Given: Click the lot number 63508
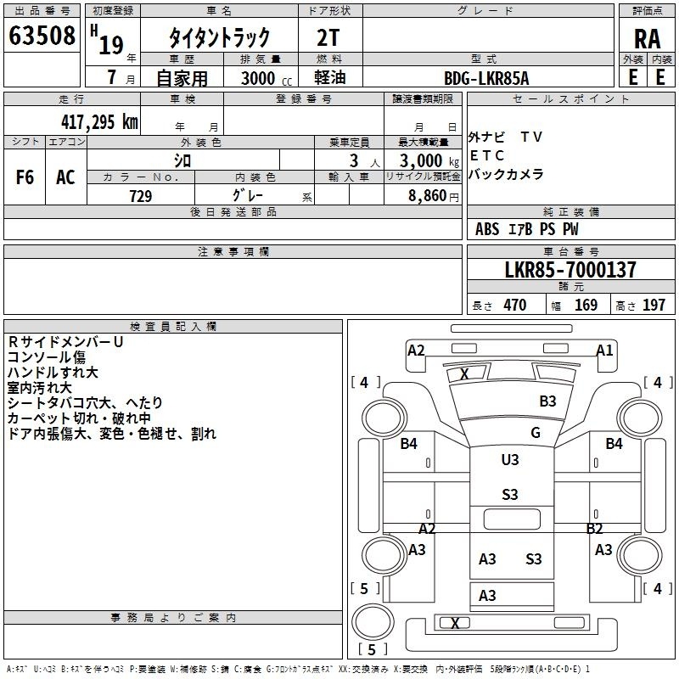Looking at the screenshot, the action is click(x=42, y=36).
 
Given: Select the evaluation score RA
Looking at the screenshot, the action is click(x=648, y=39).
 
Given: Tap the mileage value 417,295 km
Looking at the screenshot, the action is click(x=99, y=121).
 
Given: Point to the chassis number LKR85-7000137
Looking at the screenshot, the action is click(x=570, y=270).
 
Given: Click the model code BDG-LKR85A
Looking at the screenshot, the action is click(x=486, y=78).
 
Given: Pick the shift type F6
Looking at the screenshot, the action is click(x=25, y=177).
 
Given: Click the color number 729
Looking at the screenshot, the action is click(x=141, y=196).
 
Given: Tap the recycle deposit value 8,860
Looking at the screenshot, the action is click(x=428, y=196).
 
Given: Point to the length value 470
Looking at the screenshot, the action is click(x=515, y=305).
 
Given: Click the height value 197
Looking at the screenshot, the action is click(x=654, y=305).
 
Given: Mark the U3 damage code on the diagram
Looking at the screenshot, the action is click(x=510, y=460).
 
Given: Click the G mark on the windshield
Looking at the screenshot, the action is click(x=536, y=433).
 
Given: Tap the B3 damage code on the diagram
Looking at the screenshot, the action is click(x=547, y=401).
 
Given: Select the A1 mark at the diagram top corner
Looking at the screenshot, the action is click(x=604, y=351).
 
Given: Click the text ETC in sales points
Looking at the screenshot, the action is click(x=486, y=155).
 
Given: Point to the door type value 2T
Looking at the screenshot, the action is click(x=328, y=38).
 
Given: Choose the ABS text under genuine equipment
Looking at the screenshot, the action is click(x=487, y=229).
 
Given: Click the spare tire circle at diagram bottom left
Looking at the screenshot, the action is click(x=373, y=621).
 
